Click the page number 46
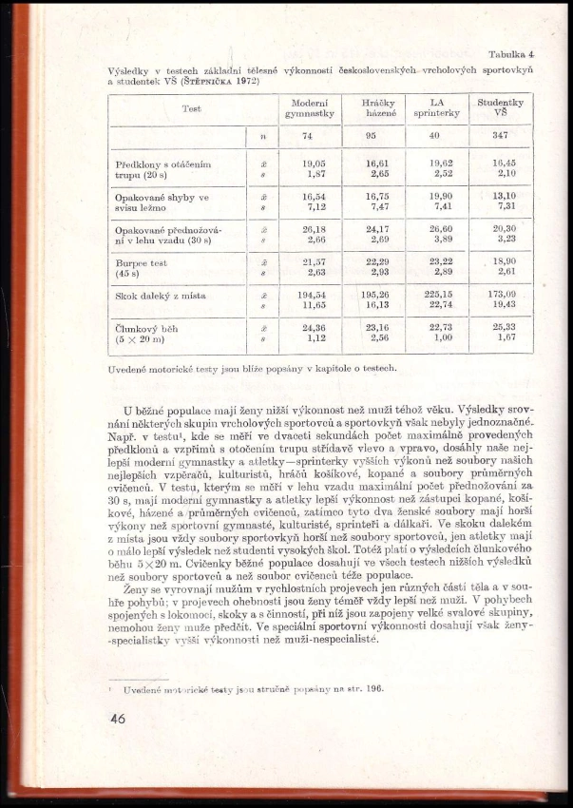[117, 720]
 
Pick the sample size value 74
[307, 137]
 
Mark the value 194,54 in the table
[307, 294]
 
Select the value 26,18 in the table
[307, 228]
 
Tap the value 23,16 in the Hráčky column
[378, 325]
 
